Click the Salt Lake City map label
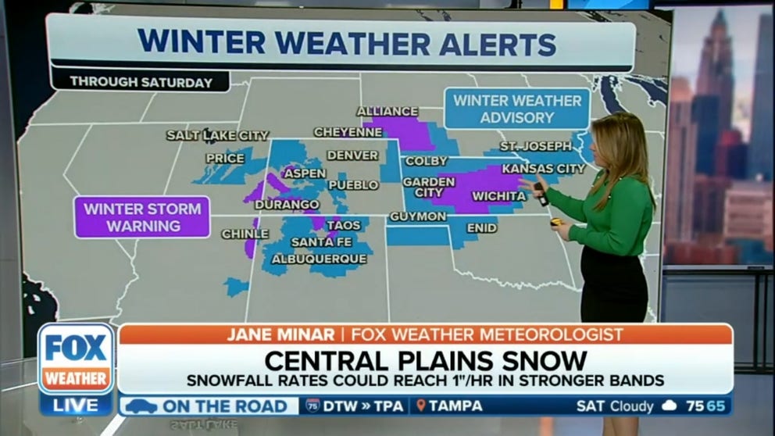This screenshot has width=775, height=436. click(218, 135)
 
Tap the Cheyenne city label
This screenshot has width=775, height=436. click(348, 132)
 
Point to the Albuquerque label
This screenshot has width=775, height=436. click(318, 258)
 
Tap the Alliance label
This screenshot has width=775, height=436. click(387, 112)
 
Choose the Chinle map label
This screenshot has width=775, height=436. click(245, 234)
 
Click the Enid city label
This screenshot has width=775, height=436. click(481, 228)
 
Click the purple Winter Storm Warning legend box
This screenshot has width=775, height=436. click(142, 216)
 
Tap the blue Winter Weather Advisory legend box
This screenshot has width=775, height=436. click(517, 109)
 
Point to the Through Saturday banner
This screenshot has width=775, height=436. click(141, 81)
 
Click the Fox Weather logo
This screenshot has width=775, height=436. click(76, 359)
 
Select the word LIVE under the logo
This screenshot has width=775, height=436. click(77, 405)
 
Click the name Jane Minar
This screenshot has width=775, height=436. click(277, 334)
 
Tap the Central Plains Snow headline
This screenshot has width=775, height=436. click(425, 360)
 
